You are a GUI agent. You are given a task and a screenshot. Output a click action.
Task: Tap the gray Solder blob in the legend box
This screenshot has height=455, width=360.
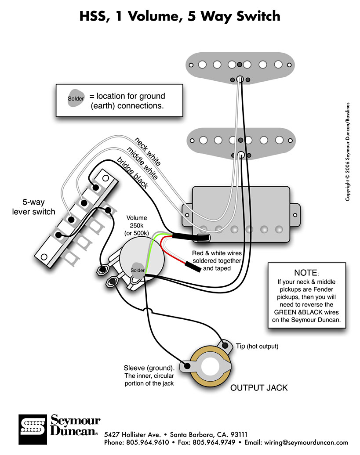(x=76, y=98)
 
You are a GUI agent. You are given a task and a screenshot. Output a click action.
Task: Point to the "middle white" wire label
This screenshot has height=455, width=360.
(x=142, y=163)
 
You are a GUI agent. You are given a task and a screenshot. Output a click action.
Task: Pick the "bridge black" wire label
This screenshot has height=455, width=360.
(x=132, y=172)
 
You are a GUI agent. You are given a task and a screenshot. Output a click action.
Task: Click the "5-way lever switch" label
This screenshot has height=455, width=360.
(x=39, y=207)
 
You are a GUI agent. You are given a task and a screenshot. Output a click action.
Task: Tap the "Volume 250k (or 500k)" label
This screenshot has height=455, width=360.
(x=138, y=225)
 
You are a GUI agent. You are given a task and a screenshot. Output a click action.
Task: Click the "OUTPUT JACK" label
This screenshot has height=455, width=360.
(x=259, y=387)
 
